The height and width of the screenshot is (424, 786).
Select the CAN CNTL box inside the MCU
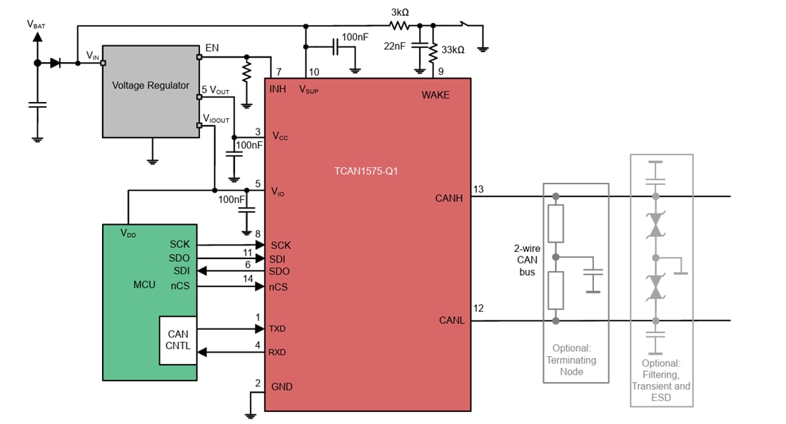178,340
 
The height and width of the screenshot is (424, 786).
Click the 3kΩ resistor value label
399,12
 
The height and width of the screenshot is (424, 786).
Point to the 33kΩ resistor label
453,50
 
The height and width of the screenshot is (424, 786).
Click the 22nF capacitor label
394,46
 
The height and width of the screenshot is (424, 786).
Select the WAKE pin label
435,95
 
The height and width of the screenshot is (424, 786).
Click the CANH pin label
449,198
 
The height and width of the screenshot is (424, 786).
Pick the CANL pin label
451,320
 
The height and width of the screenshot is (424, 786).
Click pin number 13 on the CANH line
478,189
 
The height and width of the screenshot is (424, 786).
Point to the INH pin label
278,89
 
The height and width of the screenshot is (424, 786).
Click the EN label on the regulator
212,48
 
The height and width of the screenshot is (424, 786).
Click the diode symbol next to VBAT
55,63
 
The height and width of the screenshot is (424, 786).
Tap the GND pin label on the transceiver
282,387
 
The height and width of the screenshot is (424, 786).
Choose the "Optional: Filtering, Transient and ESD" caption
660,380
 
